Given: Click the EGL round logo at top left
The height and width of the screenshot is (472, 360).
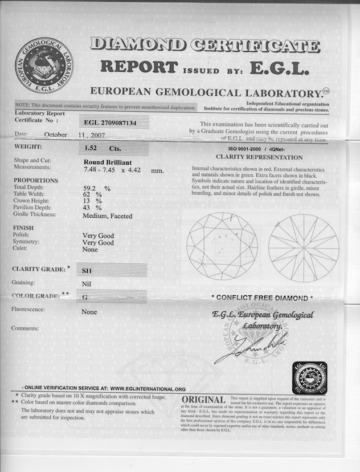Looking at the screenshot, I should [x=44, y=66].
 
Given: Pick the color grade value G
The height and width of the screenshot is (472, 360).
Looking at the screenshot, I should [x=84, y=297].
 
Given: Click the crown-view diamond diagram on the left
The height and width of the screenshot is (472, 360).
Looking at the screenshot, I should [x=222, y=246].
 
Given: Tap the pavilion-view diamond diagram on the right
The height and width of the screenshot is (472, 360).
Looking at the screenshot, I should [x=304, y=247].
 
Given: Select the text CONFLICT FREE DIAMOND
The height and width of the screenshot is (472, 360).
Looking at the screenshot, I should [x=262, y=298].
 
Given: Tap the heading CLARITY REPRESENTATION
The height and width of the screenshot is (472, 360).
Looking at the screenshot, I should [x=259, y=157].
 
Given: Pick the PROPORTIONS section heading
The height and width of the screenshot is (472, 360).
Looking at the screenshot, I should [x=35, y=180].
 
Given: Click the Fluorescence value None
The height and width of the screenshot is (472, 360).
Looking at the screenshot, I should [x=89, y=312].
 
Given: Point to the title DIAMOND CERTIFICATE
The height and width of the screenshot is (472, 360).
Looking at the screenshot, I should [x=205, y=46].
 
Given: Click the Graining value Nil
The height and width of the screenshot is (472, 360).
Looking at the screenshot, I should [x=87, y=283].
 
